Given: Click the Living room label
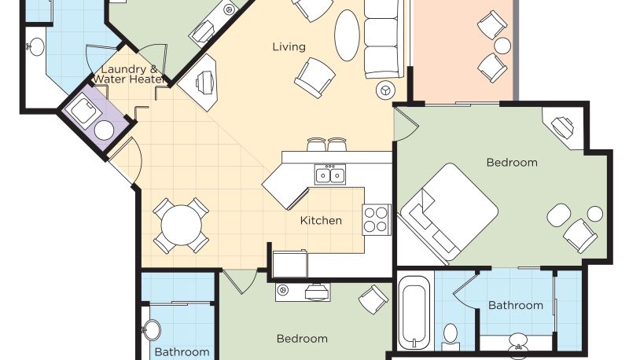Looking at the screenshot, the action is click(x=289, y=47).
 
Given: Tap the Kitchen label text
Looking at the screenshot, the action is click(x=321, y=220).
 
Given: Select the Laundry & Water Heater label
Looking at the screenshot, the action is click(x=128, y=74).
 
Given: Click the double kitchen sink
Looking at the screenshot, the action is click(x=329, y=174).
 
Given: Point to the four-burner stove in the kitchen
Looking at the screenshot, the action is click(x=377, y=219).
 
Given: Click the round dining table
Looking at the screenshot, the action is click(x=182, y=226).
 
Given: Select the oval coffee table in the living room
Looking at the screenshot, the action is click(x=347, y=35).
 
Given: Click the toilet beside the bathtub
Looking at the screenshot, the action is click(x=451, y=336).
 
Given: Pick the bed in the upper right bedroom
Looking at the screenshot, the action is click(x=449, y=212).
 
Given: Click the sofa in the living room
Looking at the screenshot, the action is click(x=383, y=39).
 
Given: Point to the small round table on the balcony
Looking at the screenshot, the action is click(x=502, y=46).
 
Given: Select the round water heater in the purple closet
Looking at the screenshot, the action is click(x=104, y=130).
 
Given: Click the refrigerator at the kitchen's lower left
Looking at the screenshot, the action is click(x=290, y=263).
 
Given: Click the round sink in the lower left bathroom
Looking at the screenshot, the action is click(x=152, y=330).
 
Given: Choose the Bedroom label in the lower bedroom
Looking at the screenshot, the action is click(x=302, y=339).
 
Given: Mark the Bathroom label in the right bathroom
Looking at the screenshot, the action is click(x=516, y=306).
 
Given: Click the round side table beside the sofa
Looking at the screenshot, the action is click(x=385, y=90).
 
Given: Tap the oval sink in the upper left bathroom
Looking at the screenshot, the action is click(x=36, y=46).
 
